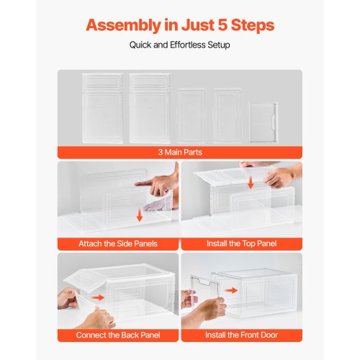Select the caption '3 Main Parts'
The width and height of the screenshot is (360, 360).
point(179,152)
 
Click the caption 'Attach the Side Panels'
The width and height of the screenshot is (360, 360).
point(118,243)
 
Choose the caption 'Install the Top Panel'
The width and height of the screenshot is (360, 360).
point(240,243)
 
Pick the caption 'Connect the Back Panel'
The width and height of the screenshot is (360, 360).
point(118,336)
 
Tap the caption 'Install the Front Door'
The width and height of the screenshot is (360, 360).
point(240,336)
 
